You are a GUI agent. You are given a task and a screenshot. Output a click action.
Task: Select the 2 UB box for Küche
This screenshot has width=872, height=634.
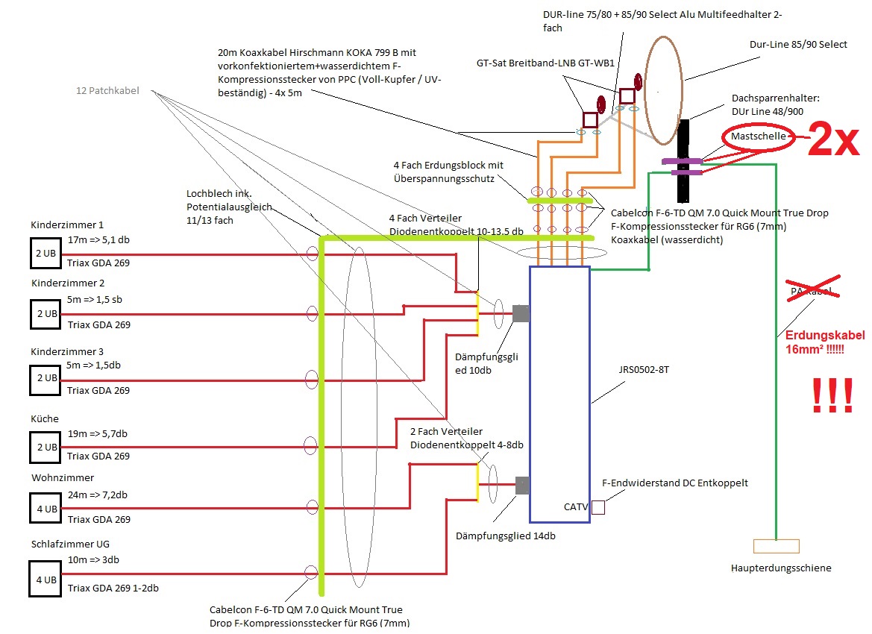(x=44, y=447)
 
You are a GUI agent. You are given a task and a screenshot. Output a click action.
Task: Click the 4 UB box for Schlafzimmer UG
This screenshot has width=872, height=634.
(x=44, y=580)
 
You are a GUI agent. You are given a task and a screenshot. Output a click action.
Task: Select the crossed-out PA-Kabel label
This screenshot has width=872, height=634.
(x=809, y=289)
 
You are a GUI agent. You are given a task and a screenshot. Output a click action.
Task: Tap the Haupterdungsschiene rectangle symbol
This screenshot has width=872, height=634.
(x=776, y=546)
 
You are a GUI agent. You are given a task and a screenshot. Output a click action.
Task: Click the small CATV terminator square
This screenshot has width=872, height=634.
(x=597, y=507)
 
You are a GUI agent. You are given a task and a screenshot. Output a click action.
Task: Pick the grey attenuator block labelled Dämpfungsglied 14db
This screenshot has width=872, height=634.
(x=523, y=486)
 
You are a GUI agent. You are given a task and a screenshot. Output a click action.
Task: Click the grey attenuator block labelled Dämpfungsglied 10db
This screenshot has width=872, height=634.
(x=521, y=314)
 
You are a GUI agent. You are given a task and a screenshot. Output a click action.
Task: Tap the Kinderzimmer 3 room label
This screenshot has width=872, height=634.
(x=67, y=351)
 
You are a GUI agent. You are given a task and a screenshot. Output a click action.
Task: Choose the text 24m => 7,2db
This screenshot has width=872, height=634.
(x=97, y=495)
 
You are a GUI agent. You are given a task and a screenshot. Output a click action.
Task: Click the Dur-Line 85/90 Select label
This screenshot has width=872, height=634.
(x=798, y=44)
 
